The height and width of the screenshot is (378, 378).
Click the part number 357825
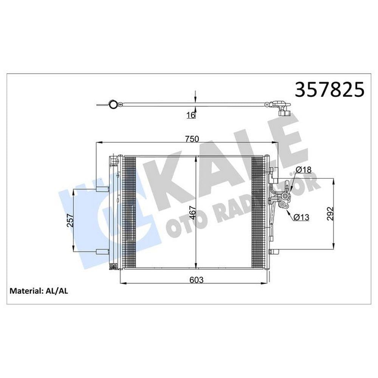pos(330,89)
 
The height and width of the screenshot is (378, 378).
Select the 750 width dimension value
pos(192,139)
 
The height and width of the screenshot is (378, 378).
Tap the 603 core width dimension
pos(197,280)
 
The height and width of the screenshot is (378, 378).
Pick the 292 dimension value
pos(330,214)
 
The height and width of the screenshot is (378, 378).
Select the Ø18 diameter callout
pos(303,170)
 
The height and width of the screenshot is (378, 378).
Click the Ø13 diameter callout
pos(301,217)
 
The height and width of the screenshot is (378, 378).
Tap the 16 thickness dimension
pos(191,115)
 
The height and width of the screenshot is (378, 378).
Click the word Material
pos(26,291)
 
